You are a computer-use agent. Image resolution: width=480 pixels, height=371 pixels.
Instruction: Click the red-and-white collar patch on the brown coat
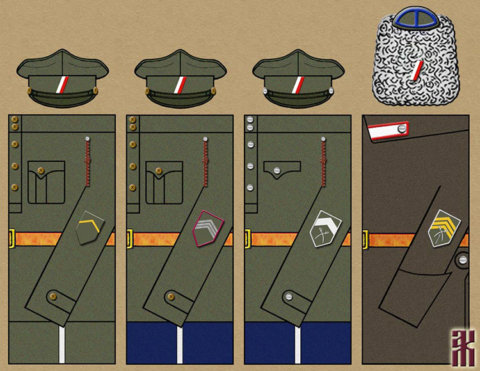coord(388,131)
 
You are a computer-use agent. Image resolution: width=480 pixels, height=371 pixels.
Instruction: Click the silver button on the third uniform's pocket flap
coord(278,170)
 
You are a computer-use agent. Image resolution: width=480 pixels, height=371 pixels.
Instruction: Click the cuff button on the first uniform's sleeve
coord(53,296)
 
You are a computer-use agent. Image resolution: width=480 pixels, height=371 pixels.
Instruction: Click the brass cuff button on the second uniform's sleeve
coord(170,296)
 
